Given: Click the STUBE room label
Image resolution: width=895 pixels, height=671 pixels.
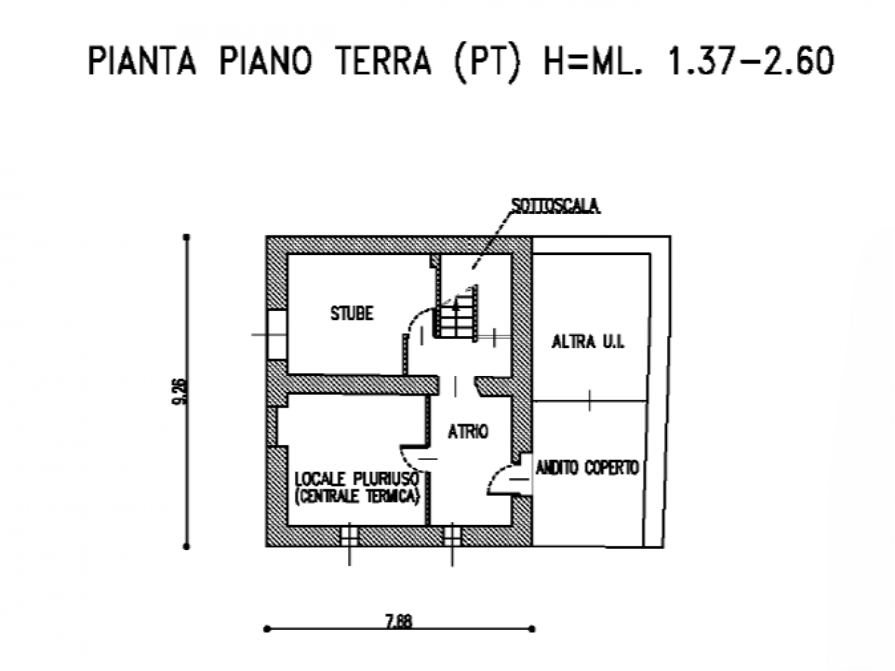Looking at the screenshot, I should (x=352, y=314).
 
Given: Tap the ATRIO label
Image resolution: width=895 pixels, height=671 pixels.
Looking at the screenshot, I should (x=468, y=432).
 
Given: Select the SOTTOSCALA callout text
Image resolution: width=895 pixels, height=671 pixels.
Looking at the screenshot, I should (x=556, y=206).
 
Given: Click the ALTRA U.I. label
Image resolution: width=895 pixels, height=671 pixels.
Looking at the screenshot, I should (x=587, y=342).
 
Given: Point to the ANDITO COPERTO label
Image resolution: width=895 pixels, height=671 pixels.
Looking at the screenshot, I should (x=587, y=468).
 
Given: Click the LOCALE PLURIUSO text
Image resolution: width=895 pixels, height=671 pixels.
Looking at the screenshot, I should (x=357, y=479).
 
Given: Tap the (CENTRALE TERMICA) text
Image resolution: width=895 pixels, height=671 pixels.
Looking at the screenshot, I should (x=357, y=497).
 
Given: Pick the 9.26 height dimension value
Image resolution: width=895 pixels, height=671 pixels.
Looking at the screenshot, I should (x=182, y=391).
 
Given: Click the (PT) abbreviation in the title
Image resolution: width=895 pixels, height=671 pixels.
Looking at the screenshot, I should (x=487, y=62).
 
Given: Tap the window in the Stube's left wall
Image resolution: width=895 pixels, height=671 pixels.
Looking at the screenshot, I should (x=276, y=335).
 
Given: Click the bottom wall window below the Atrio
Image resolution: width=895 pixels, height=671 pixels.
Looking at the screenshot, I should (x=452, y=536).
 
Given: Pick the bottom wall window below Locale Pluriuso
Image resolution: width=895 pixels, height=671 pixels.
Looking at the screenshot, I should (x=349, y=536).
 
